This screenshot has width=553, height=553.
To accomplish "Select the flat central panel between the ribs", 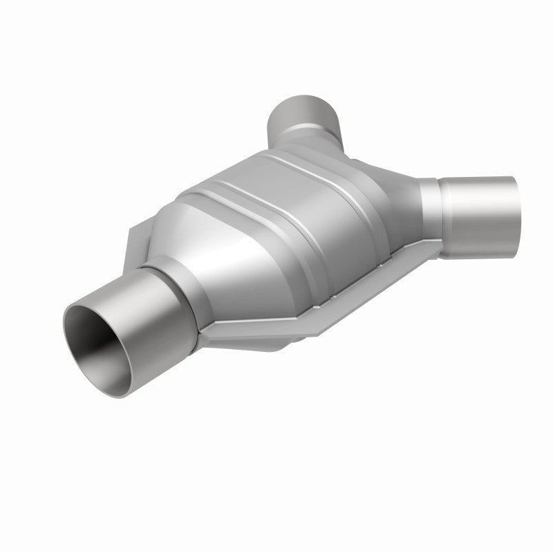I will click(x=297, y=207).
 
